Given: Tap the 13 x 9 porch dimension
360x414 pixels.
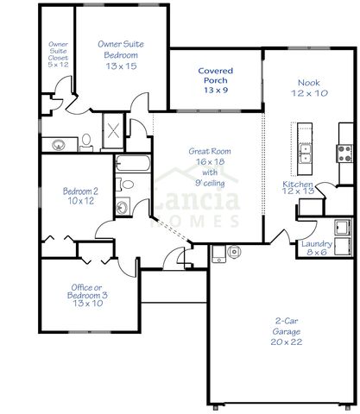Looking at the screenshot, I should tap(216, 89).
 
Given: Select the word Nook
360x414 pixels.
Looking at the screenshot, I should tap(308, 81).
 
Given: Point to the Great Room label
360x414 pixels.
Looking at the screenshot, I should tap(207, 151).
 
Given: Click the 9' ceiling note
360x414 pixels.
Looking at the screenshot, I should tap(207, 182).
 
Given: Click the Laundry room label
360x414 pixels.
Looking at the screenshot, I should tap(314, 243).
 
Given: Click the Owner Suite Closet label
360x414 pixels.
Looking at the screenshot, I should tap(58, 53).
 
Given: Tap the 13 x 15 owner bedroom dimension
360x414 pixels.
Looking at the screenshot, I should tap(122, 66).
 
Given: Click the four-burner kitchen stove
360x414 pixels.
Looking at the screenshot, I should tap(344, 154).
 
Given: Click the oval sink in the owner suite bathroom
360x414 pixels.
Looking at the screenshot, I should tap(58, 144).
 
